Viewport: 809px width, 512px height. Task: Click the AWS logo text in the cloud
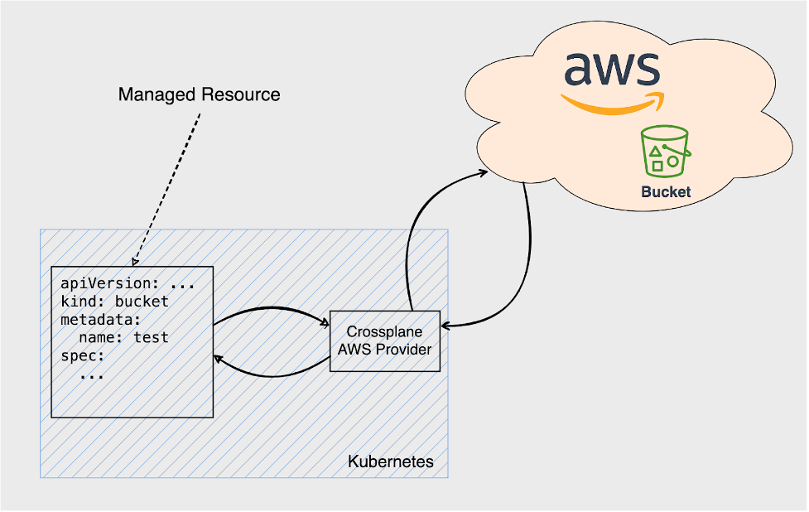[x=612, y=70]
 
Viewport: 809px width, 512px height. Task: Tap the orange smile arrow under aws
[x=612, y=103]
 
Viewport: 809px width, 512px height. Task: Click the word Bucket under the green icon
[x=666, y=191]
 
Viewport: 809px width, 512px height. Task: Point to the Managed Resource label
[x=199, y=94]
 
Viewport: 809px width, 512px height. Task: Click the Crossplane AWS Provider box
[x=384, y=341]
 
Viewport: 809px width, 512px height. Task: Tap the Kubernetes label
[x=390, y=461]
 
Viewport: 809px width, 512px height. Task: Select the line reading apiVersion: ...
[x=108, y=284]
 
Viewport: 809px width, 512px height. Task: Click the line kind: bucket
[x=114, y=302]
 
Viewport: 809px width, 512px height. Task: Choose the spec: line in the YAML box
[x=83, y=356]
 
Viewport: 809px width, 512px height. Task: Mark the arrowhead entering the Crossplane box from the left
[x=325, y=324]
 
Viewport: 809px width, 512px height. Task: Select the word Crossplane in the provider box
[x=384, y=331]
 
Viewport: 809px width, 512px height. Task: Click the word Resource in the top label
[x=241, y=94]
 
